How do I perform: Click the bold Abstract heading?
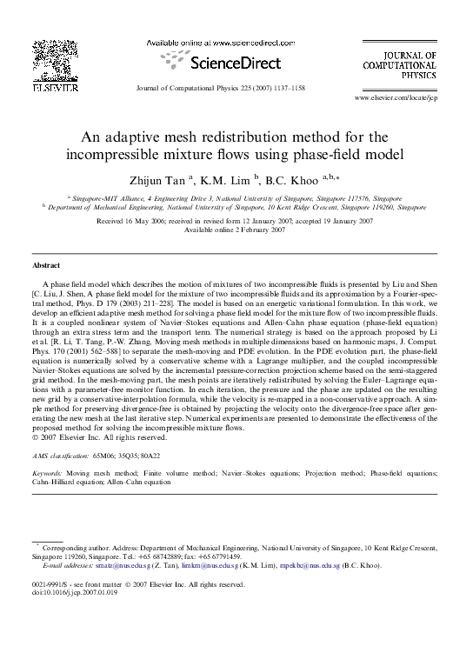tap(45, 264)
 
